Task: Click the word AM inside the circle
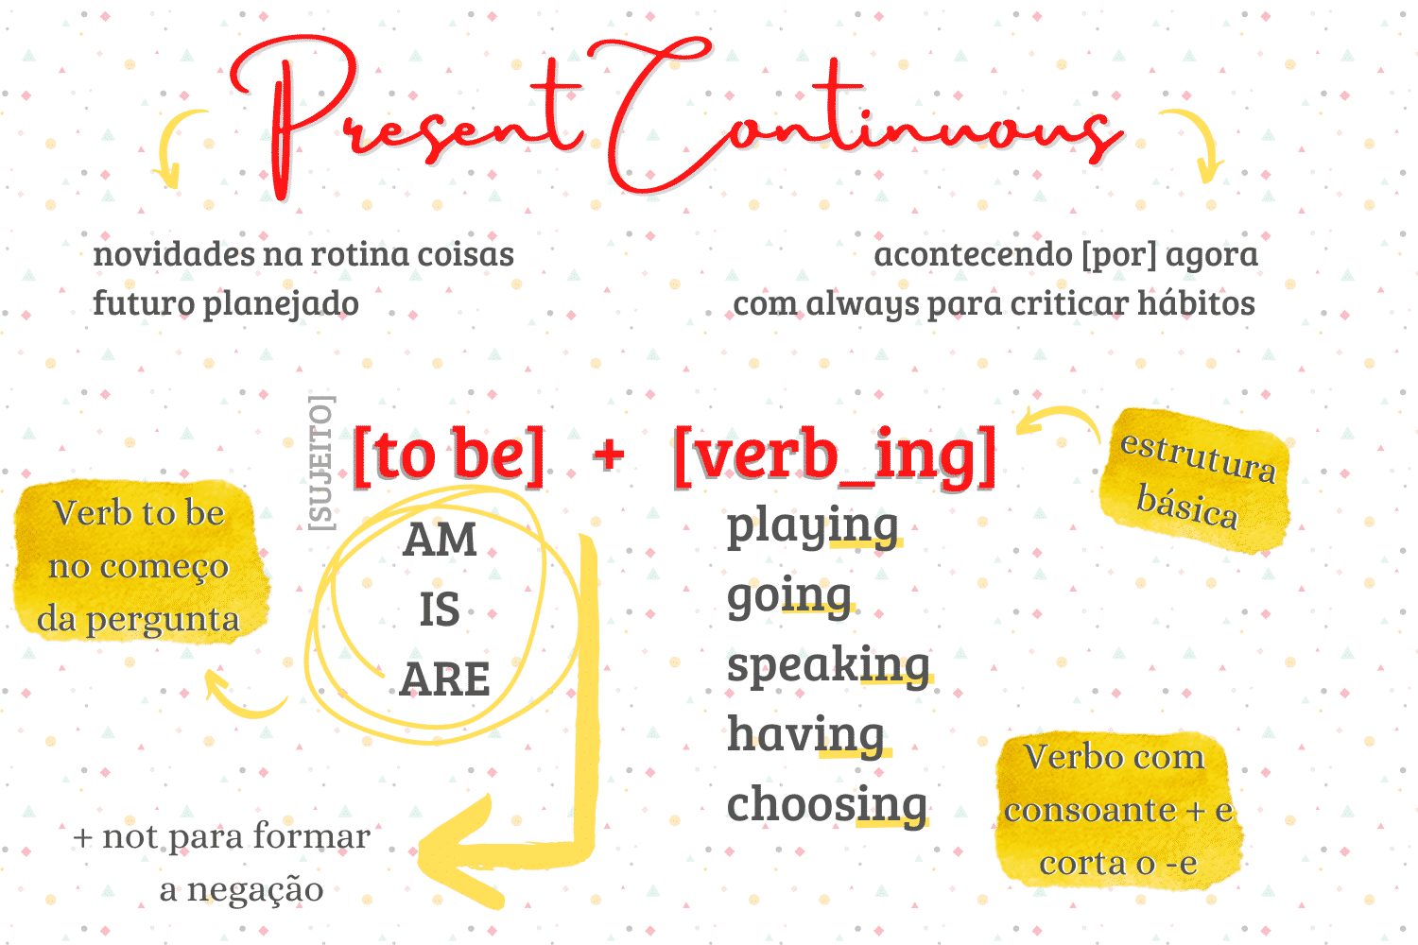coord(440,540)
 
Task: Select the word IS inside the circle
coord(440,610)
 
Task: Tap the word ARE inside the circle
coord(444,679)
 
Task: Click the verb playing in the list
coord(812,526)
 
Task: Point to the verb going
coord(789,596)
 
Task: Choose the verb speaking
coord(828,665)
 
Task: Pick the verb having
coord(806,735)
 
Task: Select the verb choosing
coord(827,805)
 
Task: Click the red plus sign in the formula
coord(610,455)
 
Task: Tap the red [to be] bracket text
coord(448,455)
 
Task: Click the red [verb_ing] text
coord(835,455)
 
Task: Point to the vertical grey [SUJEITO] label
coord(321,462)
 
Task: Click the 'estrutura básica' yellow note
coord(1195,480)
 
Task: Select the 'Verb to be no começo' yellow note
coord(139,565)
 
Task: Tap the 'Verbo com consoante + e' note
coord(1118,810)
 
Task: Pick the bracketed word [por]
coord(1118,254)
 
